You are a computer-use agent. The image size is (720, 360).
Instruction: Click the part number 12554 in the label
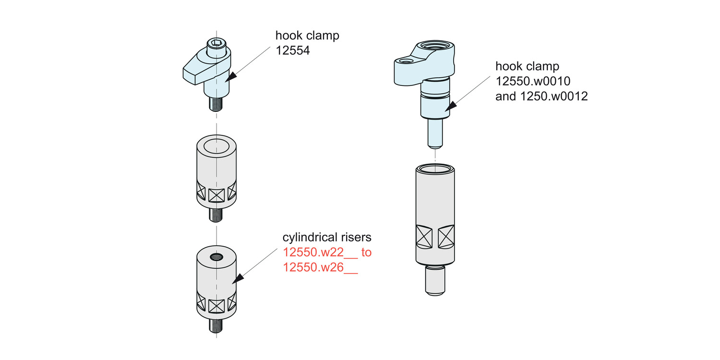tap(293, 50)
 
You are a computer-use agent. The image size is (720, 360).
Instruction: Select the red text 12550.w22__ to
tap(327, 252)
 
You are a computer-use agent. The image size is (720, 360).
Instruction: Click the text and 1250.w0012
tap(541, 96)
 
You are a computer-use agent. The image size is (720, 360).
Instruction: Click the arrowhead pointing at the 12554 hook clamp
tap(232, 76)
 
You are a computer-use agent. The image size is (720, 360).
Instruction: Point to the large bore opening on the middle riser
tap(216, 145)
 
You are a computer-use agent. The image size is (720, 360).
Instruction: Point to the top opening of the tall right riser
tap(434, 169)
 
